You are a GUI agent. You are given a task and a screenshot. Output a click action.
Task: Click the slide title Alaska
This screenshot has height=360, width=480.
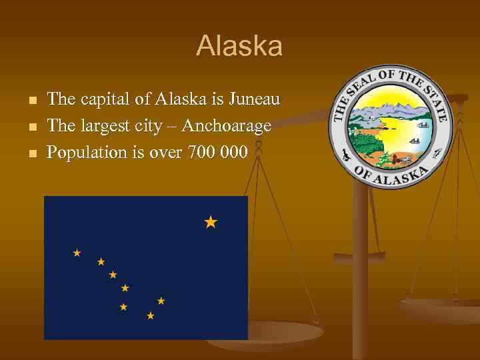239,47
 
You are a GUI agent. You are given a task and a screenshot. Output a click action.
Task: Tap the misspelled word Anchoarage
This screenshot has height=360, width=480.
227,126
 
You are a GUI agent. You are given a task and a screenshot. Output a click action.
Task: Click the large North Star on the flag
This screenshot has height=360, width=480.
211,222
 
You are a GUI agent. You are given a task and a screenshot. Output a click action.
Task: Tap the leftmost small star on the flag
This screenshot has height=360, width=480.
77,253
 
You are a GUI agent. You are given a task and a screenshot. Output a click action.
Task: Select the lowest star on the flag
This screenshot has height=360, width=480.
151,315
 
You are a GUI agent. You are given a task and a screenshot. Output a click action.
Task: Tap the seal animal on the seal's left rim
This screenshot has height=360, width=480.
345,155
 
